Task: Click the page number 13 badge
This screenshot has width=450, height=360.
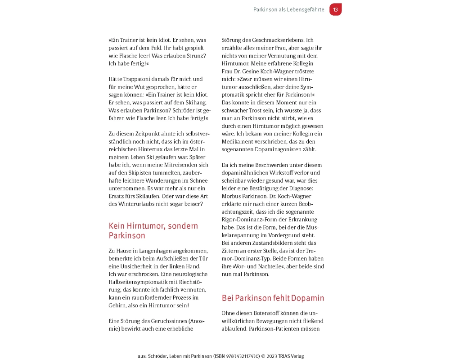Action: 335,9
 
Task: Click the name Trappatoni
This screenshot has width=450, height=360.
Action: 140,79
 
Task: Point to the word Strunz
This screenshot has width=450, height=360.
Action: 196,55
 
